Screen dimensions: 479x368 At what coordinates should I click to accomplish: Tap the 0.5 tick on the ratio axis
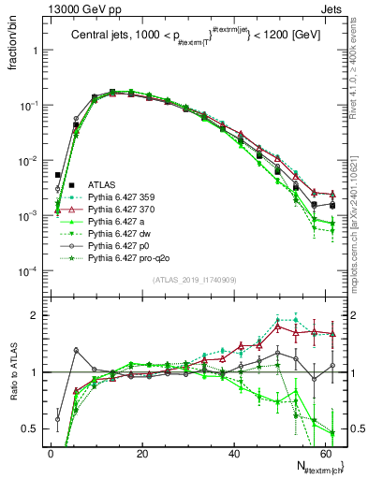tap(31, 428)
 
